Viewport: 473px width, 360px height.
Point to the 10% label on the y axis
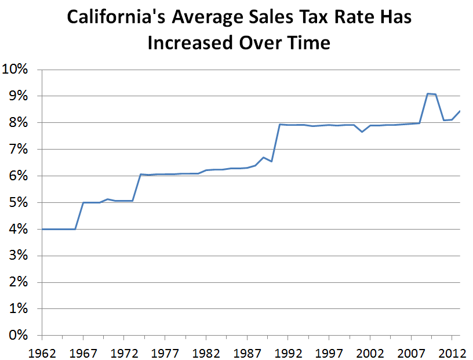point(15,70)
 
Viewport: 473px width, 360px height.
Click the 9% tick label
point(19,96)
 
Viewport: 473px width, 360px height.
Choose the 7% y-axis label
point(19,150)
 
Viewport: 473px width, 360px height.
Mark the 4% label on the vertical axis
point(19,230)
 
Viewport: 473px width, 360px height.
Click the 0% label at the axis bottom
point(19,336)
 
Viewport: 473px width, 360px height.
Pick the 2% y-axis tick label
point(19,283)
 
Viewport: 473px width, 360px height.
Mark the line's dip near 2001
point(362,132)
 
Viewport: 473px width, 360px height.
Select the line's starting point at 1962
point(42,229)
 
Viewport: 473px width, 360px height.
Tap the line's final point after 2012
point(460,111)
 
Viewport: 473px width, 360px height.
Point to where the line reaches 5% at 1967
point(83,202)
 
